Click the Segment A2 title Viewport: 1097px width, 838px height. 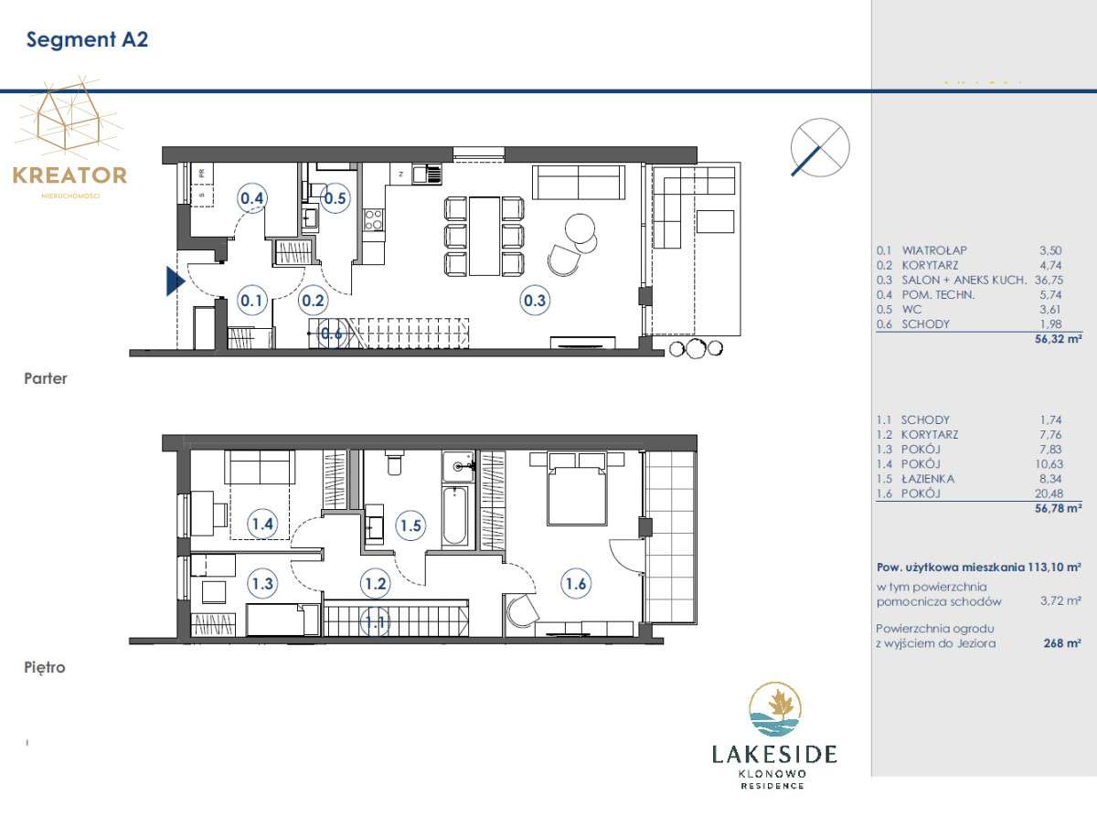(87, 39)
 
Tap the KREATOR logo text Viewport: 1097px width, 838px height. (70, 175)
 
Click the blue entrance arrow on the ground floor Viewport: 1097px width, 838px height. (176, 281)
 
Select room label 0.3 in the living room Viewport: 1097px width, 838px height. (534, 300)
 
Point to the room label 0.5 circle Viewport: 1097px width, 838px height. (335, 197)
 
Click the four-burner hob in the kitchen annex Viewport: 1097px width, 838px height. (373, 219)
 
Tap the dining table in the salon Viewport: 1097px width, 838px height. (485, 236)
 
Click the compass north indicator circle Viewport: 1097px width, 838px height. (820, 147)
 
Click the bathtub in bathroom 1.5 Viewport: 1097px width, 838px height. (454, 516)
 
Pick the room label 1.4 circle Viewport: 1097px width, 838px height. (262, 524)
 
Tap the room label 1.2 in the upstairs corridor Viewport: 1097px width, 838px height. (376, 583)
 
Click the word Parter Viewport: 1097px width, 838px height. (46, 378)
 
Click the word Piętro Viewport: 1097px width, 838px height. (45, 667)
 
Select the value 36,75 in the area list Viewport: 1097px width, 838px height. (1049, 280)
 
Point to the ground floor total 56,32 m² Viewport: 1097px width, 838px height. (1058, 339)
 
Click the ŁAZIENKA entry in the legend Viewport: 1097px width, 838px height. (928, 479)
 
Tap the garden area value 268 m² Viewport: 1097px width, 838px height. (1062, 642)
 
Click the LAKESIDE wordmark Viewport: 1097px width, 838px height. (774, 754)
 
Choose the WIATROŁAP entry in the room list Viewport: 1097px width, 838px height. (934, 250)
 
